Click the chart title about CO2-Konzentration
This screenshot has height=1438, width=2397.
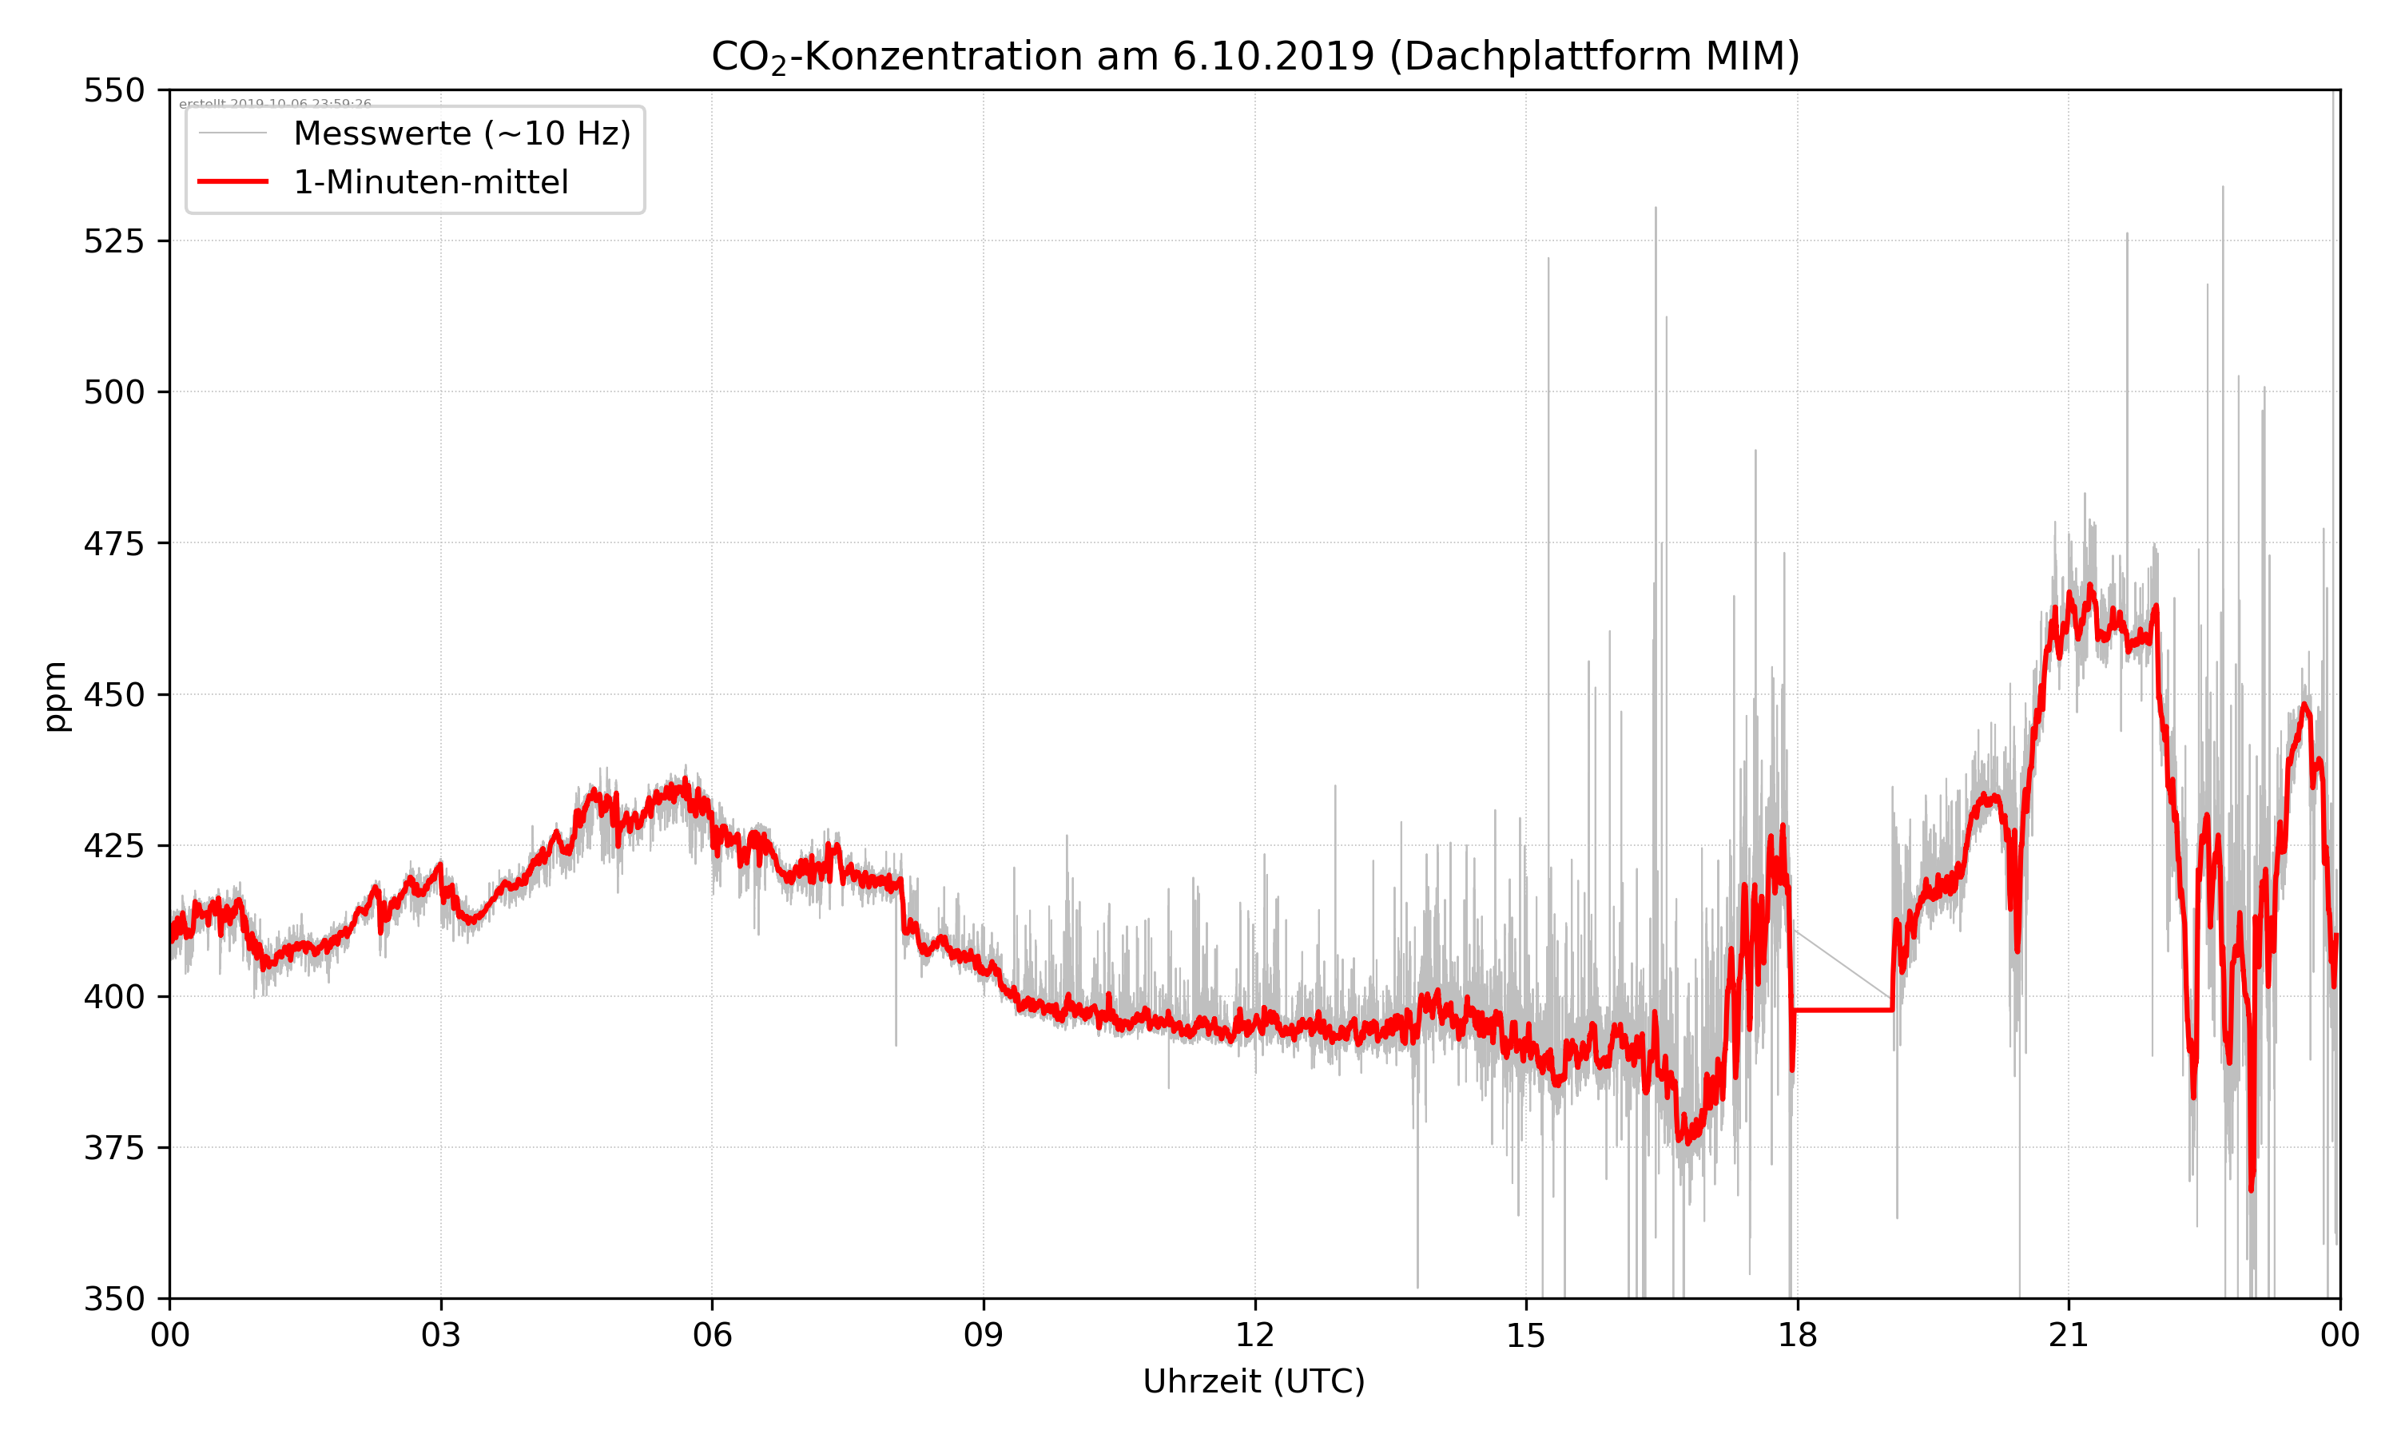1254,56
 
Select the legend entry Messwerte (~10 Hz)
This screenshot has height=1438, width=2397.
461,133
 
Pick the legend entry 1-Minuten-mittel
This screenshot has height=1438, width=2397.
430,182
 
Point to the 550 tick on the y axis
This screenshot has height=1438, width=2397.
113,90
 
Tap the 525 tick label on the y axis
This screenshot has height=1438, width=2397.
113,241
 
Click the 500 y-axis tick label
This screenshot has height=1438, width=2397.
113,392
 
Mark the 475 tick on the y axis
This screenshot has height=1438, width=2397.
113,543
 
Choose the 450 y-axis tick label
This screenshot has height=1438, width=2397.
113,695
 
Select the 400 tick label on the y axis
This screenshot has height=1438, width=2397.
113,997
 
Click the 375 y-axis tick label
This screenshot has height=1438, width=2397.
113,1148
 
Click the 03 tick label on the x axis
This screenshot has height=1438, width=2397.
441,1335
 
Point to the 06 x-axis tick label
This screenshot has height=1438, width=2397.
712,1335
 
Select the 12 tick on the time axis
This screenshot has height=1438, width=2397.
1254,1335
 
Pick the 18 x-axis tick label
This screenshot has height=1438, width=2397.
1797,1335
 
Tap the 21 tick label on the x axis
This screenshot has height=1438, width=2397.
2069,1335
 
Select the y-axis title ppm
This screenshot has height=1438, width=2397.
55,696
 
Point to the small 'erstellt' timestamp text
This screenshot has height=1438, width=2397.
275,104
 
